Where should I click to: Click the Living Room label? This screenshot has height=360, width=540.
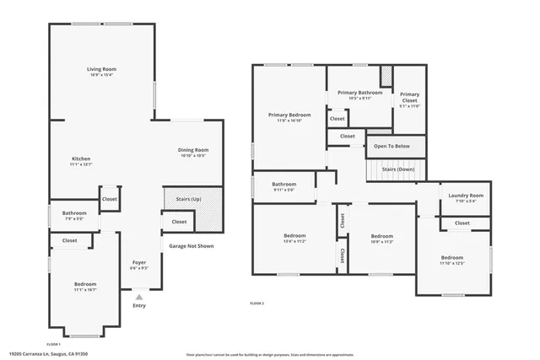(x=101, y=69)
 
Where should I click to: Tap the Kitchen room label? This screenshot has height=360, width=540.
(x=81, y=159)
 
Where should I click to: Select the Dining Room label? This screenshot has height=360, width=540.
(x=193, y=150)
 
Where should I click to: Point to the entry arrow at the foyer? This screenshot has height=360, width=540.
(x=139, y=297)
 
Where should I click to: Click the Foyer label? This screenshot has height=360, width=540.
(x=139, y=263)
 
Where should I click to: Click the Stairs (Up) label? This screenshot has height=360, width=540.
(x=177, y=199)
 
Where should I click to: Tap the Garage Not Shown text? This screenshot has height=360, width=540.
(x=192, y=246)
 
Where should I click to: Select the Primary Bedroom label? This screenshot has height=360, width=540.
(x=289, y=115)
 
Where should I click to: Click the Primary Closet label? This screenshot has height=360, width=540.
(x=409, y=94)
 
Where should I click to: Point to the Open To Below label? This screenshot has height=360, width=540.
(x=391, y=147)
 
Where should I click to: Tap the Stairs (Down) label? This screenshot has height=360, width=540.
(x=397, y=169)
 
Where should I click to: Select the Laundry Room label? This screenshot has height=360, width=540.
(x=465, y=195)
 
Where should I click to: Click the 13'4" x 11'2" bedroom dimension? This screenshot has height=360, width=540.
(x=294, y=240)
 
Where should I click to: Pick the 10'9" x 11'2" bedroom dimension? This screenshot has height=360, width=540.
(x=382, y=241)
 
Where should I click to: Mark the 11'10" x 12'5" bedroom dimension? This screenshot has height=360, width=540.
(x=451, y=262)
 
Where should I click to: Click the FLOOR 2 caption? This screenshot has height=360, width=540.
(x=257, y=303)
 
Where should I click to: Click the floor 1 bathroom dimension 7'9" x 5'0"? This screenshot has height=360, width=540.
(x=74, y=218)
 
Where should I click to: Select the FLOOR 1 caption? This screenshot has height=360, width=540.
(x=53, y=345)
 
